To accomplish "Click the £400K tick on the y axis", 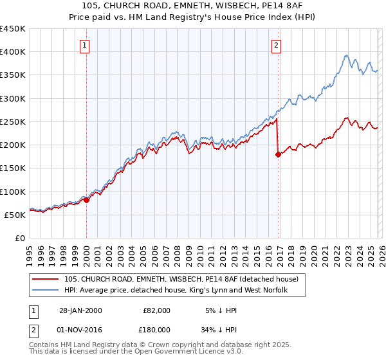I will click(12, 52).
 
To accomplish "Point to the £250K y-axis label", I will click(12, 122).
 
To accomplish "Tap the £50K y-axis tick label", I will click(15, 215).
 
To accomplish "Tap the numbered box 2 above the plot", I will click(276, 45).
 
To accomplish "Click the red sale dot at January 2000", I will click(86, 200).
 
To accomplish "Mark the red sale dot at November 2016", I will click(278, 154).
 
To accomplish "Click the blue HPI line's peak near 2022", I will click(346, 55).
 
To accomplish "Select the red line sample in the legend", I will click(46, 280).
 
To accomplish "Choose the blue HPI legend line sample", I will click(46, 291).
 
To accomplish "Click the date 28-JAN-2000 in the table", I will click(81, 310).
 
